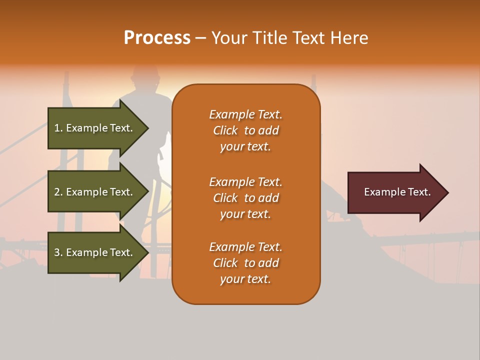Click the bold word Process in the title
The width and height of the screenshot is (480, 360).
(x=157, y=38)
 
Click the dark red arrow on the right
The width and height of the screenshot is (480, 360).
(x=395, y=192)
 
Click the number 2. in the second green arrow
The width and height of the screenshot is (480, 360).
(x=58, y=192)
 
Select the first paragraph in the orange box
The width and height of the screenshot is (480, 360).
(x=245, y=130)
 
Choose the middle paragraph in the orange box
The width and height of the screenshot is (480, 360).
(x=245, y=198)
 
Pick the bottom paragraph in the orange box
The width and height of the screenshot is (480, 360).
(x=245, y=263)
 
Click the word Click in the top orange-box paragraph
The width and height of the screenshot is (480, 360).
(x=225, y=130)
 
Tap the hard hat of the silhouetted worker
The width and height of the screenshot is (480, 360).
(x=144, y=75)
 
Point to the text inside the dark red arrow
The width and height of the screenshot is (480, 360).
(x=397, y=192)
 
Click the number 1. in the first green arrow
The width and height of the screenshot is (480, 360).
(x=58, y=128)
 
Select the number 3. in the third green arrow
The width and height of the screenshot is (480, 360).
(x=58, y=252)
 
